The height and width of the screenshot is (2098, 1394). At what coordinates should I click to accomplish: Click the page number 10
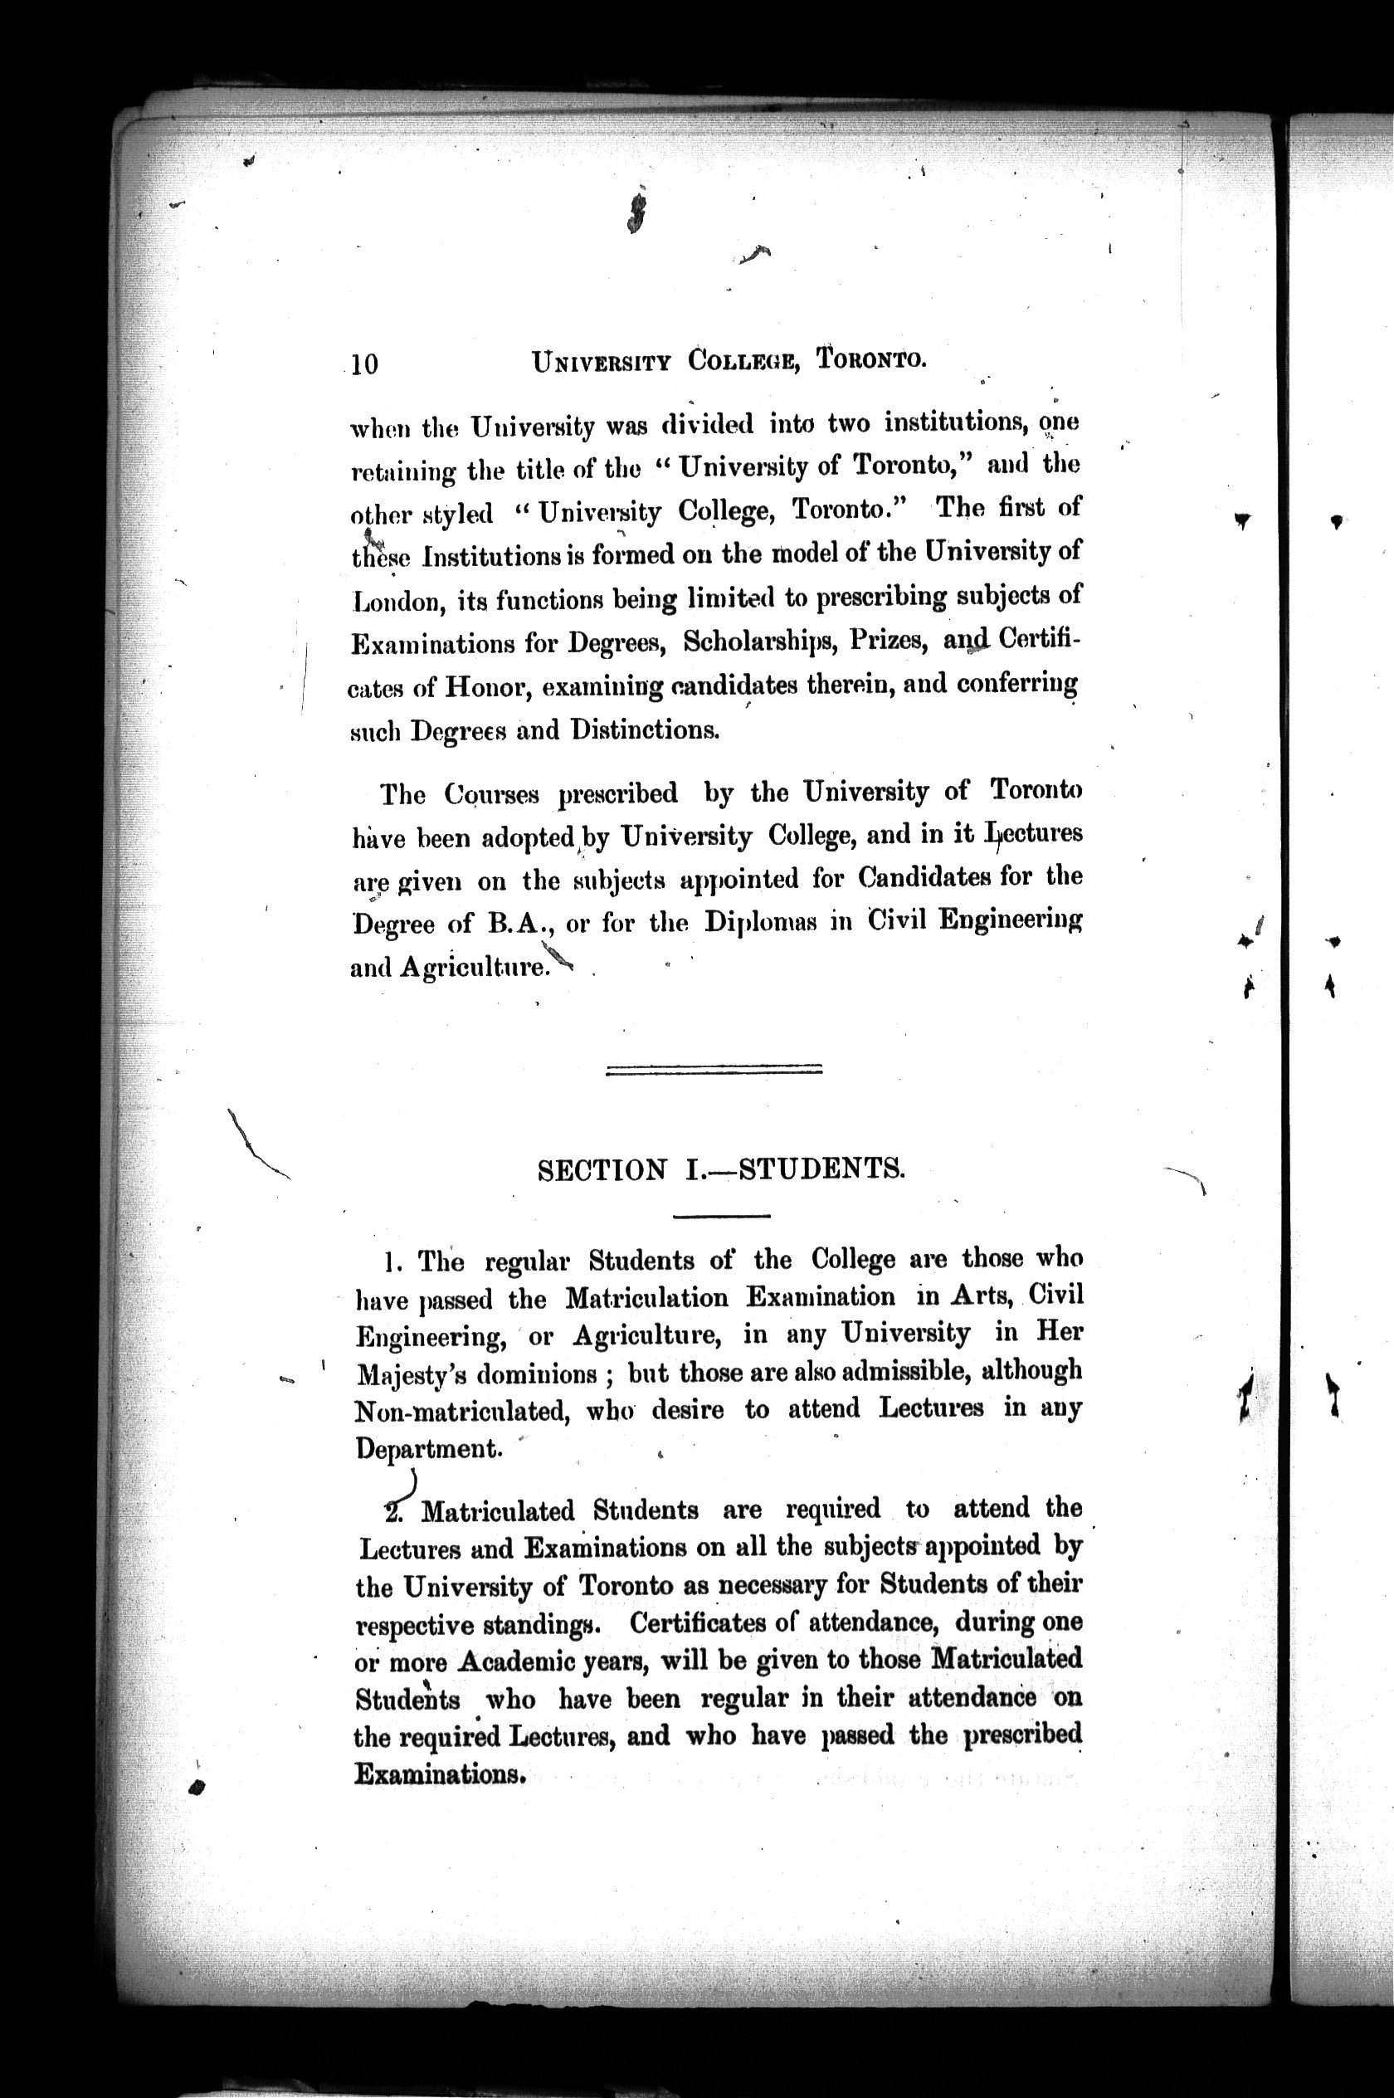tap(364, 364)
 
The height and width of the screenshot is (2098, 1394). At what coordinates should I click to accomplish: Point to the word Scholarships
tap(757, 642)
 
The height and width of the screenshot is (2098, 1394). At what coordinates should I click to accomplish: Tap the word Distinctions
tap(644, 731)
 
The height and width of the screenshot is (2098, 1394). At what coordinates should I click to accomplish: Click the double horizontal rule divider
tap(713, 1070)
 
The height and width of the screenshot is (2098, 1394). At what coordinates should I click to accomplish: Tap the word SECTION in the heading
tap(602, 1170)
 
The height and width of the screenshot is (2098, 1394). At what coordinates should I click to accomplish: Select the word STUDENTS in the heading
tap(821, 1169)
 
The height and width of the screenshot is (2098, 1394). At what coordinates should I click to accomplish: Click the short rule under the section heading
tap(721, 1215)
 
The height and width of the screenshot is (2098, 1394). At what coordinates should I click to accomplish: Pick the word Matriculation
tap(646, 1299)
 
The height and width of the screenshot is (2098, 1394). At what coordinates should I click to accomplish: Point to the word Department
tap(427, 1450)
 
